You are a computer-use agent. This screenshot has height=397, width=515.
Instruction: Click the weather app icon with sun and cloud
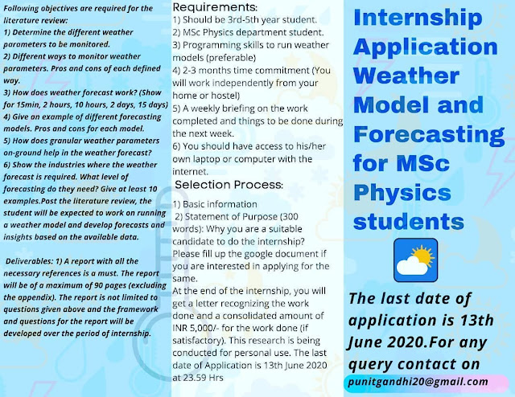tap(415, 260)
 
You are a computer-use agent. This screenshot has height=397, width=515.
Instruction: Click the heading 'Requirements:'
tap(215, 7)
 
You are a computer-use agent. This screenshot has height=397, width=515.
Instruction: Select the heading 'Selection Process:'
tap(229, 185)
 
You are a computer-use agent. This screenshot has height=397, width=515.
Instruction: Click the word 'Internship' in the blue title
tap(418, 18)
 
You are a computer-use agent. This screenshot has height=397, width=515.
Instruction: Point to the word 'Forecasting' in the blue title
tap(429, 134)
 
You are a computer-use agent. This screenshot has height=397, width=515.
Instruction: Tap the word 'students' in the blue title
tap(409, 222)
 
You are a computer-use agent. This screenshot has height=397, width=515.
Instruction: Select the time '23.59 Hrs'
tap(203, 378)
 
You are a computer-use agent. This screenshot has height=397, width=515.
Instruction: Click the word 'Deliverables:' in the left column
tap(29, 261)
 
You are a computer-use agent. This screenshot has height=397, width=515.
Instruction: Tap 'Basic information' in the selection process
tap(220, 204)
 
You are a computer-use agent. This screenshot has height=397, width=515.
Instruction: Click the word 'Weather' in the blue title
tap(406, 76)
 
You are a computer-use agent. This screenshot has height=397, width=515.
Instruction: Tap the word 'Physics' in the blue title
tap(402, 193)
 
